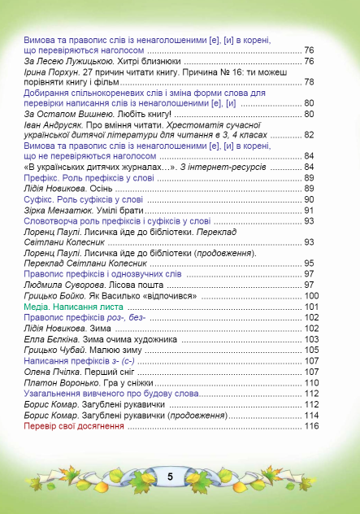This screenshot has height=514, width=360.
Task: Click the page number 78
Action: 309,82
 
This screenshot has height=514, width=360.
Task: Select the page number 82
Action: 309,135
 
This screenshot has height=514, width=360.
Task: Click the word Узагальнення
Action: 56,394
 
